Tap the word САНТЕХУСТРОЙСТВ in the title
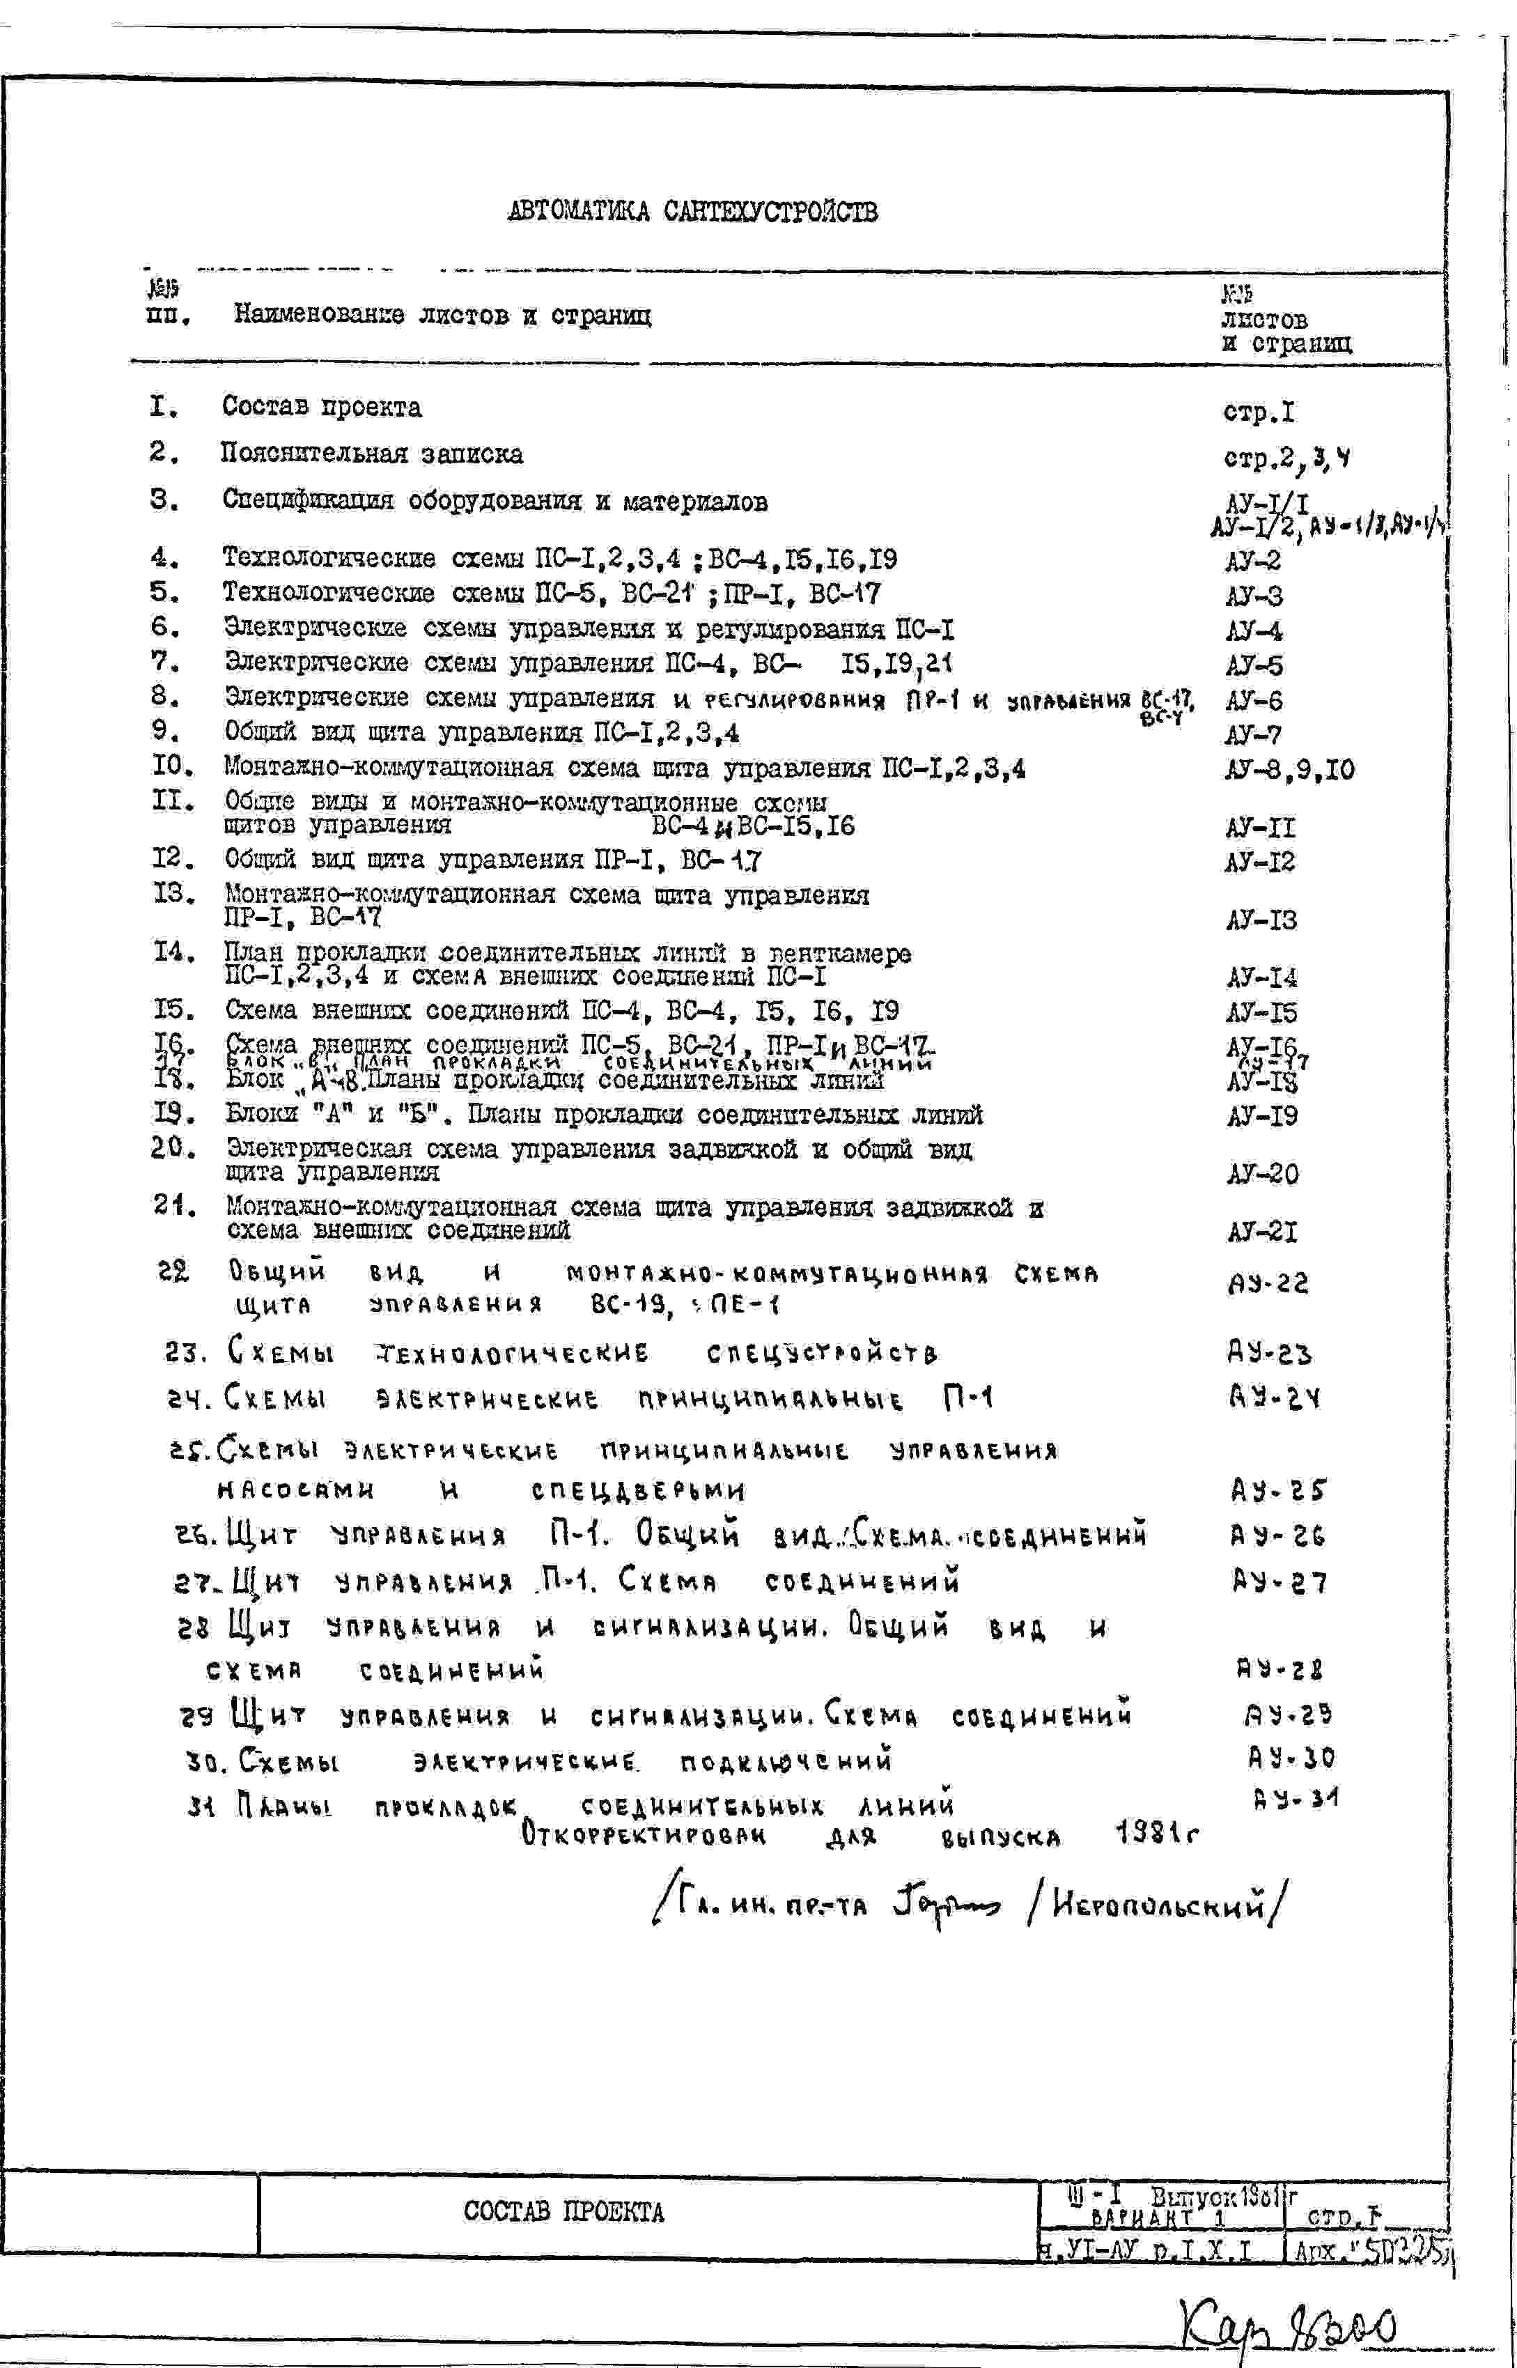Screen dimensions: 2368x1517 coord(770,211)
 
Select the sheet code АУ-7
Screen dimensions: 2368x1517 coord(1253,735)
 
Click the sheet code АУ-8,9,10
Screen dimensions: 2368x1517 coord(1289,769)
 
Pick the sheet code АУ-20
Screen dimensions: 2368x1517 coord(1262,1174)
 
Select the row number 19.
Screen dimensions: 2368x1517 coord(173,1114)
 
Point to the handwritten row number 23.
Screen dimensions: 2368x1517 coord(184,1352)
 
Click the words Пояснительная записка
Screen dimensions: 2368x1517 coord(371,454)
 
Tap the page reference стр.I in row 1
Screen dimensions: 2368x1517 coord(1259,412)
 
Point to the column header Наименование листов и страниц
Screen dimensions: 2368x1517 coord(442,315)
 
